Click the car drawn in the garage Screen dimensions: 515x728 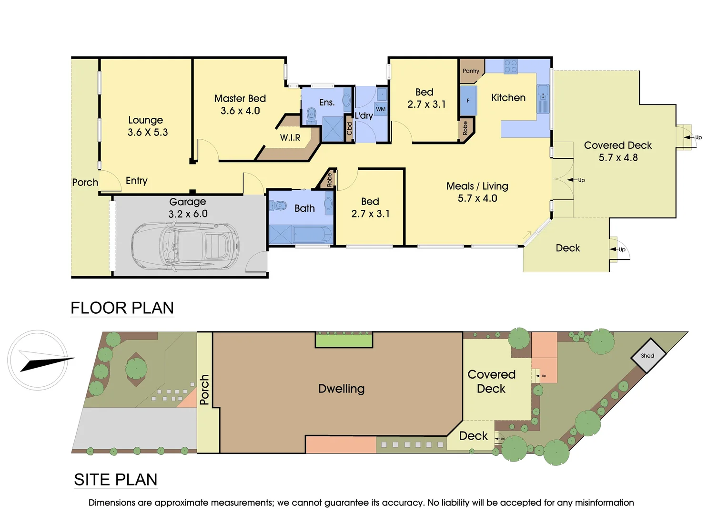(x=186, y=246)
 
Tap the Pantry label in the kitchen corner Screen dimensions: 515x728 (x=471, y=71)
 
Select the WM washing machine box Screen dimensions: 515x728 (x=381, y=109)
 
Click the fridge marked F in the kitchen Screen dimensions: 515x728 (x=468, y=101)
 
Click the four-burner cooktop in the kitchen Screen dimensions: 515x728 (x=511, y=66)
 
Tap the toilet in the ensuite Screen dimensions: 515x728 (x=311, y=113)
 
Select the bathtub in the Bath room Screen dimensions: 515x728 (x=312, y=235)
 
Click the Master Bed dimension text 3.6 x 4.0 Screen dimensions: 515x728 (x=240, y=111)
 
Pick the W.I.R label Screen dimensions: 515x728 (x=290, y=138)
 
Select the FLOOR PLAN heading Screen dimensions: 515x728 (x=122, y=308)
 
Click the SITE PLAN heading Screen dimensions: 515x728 (x=116, y=480)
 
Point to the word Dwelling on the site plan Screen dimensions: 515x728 (x=341, y=389)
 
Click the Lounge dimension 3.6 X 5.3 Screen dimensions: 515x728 (x=148, y=133)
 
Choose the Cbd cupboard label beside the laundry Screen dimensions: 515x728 (x=349, y=128)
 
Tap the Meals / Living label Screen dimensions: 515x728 (x=477, y=186)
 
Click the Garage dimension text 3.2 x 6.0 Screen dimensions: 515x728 (x=188, y=214)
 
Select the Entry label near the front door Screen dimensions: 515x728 (x=136, y=181)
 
